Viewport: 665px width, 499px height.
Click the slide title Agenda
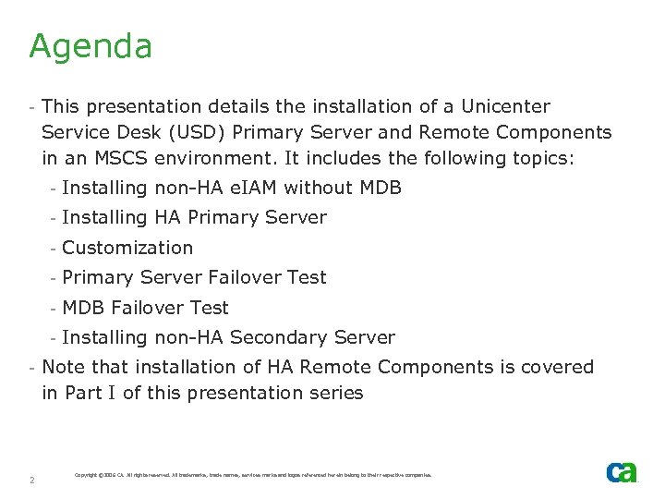coord(91,46)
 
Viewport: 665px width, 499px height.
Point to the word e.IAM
coord(250,189)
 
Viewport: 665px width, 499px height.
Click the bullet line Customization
coord(127,248)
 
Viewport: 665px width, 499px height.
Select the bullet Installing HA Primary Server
coord(194,218)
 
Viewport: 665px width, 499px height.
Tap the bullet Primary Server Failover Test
coord(194,277)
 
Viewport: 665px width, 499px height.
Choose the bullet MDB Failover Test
coord(145,308)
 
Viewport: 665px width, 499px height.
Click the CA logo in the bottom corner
coord(622,472)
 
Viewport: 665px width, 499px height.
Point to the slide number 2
coord(32,480)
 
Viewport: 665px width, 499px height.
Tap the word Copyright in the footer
coord(90,475)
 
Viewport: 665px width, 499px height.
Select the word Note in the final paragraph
coord(63,367)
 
